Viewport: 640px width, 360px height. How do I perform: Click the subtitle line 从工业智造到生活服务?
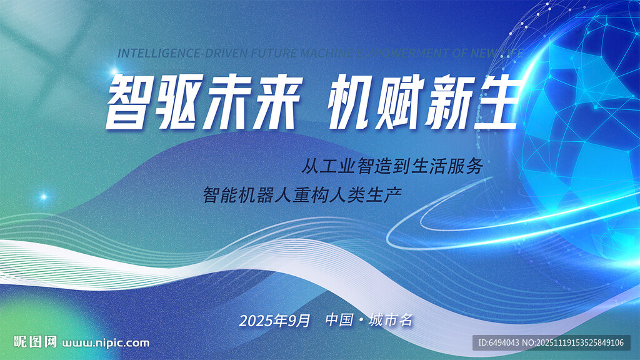point(393,166)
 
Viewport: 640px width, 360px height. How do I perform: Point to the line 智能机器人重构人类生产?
point(302,194)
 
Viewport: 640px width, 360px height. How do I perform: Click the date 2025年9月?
point(274,321)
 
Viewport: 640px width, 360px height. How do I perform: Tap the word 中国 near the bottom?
point(339,321)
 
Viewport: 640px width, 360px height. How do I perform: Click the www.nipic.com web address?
point(107,342)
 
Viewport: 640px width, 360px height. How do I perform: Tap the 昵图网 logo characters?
point(36,342)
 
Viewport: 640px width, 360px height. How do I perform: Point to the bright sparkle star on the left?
point(44,196)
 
